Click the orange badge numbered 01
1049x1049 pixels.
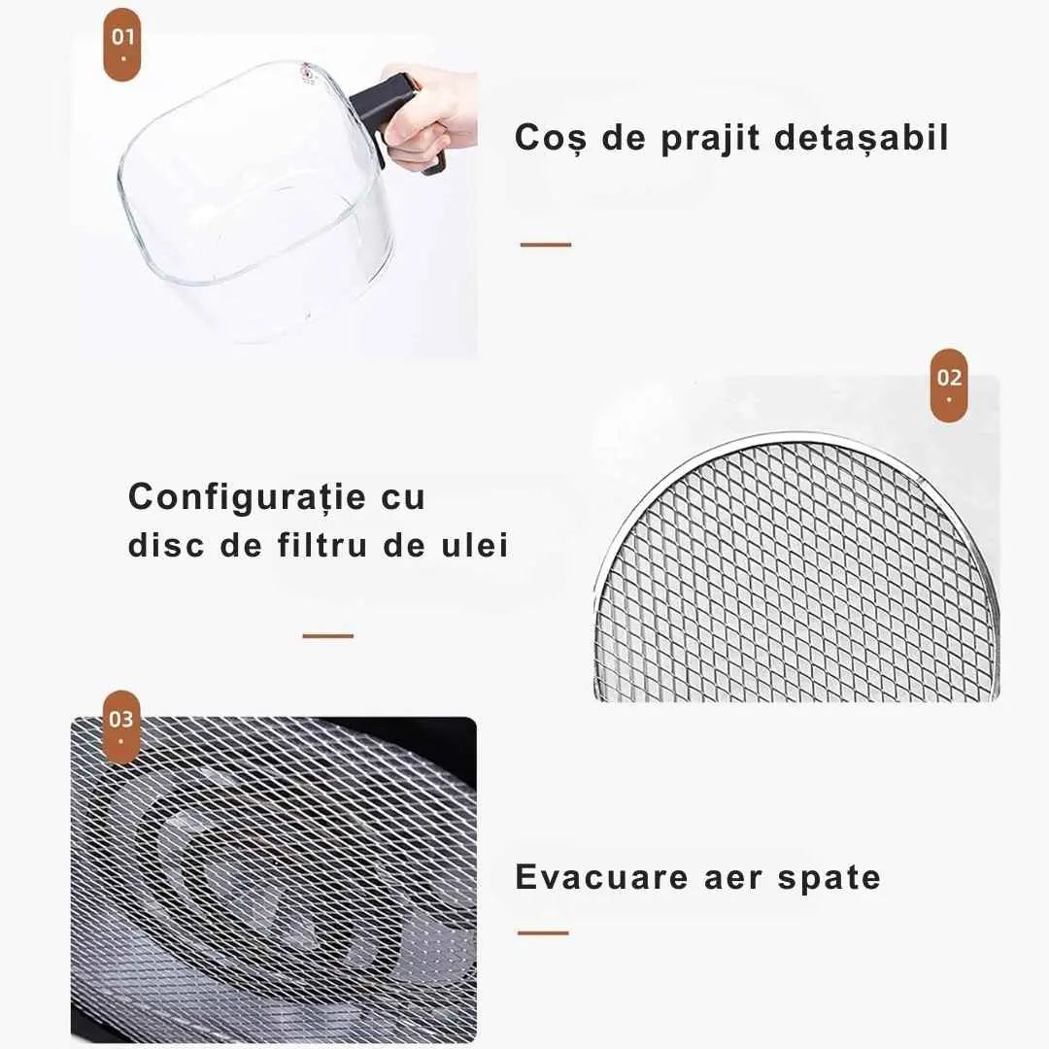pyautogui.click(x=122, y=45)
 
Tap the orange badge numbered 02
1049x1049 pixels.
pyautogui.click(x=949, y=386)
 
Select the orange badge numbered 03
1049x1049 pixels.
pyautogui.click(x=121, y=728)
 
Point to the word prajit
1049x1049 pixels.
pyautogui.click(x=710, y=139)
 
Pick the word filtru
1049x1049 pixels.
pyautogui.click(x=322, y=544)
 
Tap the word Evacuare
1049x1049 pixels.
pyautogui.click(x=601, y=876)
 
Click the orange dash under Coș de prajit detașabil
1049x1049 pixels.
pyautogui.click(x=546, y=245)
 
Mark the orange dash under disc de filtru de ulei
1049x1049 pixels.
pyautogui.click(x=328, y=635)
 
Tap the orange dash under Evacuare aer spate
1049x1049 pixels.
pyautogui.click(x=543, y=932)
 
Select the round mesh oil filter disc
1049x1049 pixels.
pyautogui.click(x=796, y=568)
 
